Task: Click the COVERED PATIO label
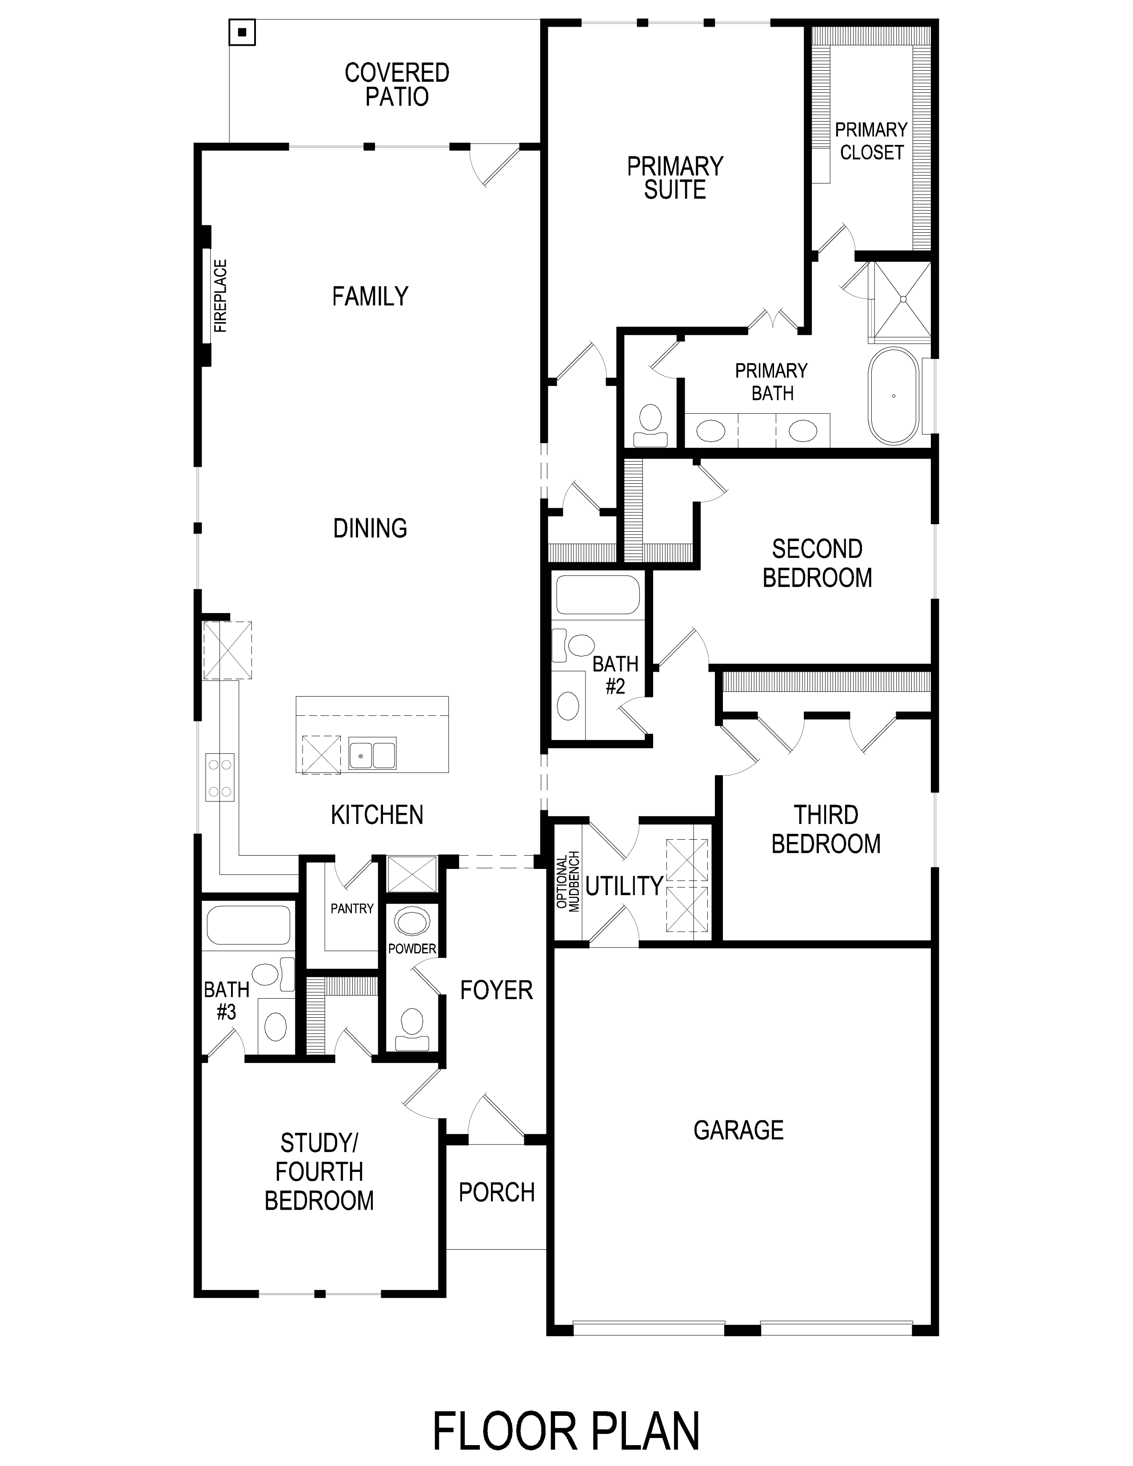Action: coord(397,84)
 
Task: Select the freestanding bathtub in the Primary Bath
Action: coord(894,395)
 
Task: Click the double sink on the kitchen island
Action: coord(372,753)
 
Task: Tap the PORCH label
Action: coord(497,1192)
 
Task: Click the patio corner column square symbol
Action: coord(242,32)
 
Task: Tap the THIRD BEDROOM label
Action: coord(826,829)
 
